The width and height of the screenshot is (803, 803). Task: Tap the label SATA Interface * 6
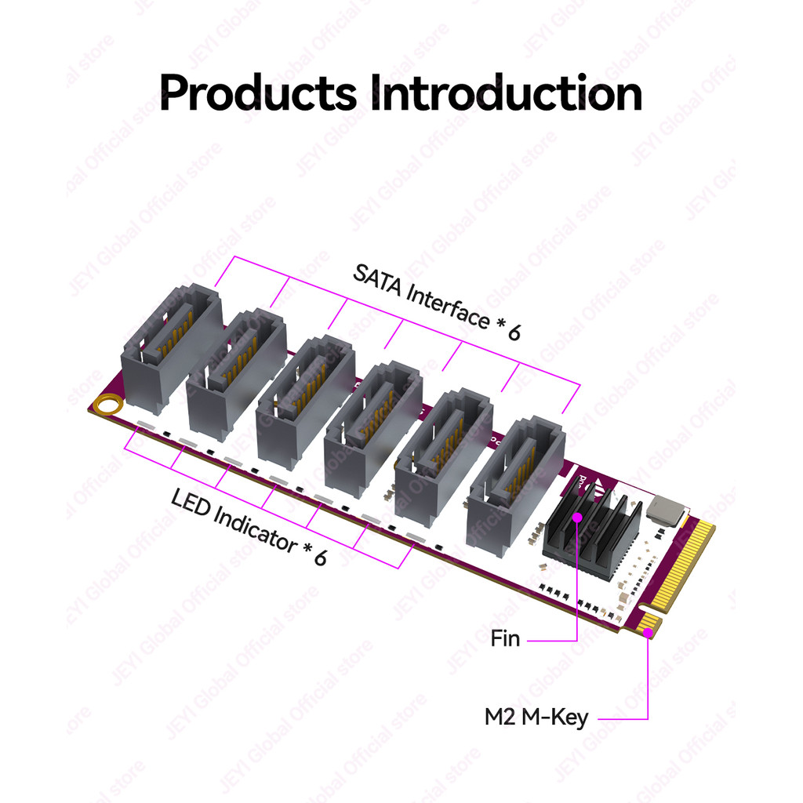436,303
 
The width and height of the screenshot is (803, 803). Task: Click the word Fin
505,638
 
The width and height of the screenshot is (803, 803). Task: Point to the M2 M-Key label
536,717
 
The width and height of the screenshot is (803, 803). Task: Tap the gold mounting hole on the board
106,405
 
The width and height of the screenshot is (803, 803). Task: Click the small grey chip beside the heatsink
666,510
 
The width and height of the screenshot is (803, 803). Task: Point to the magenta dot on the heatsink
577,517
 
